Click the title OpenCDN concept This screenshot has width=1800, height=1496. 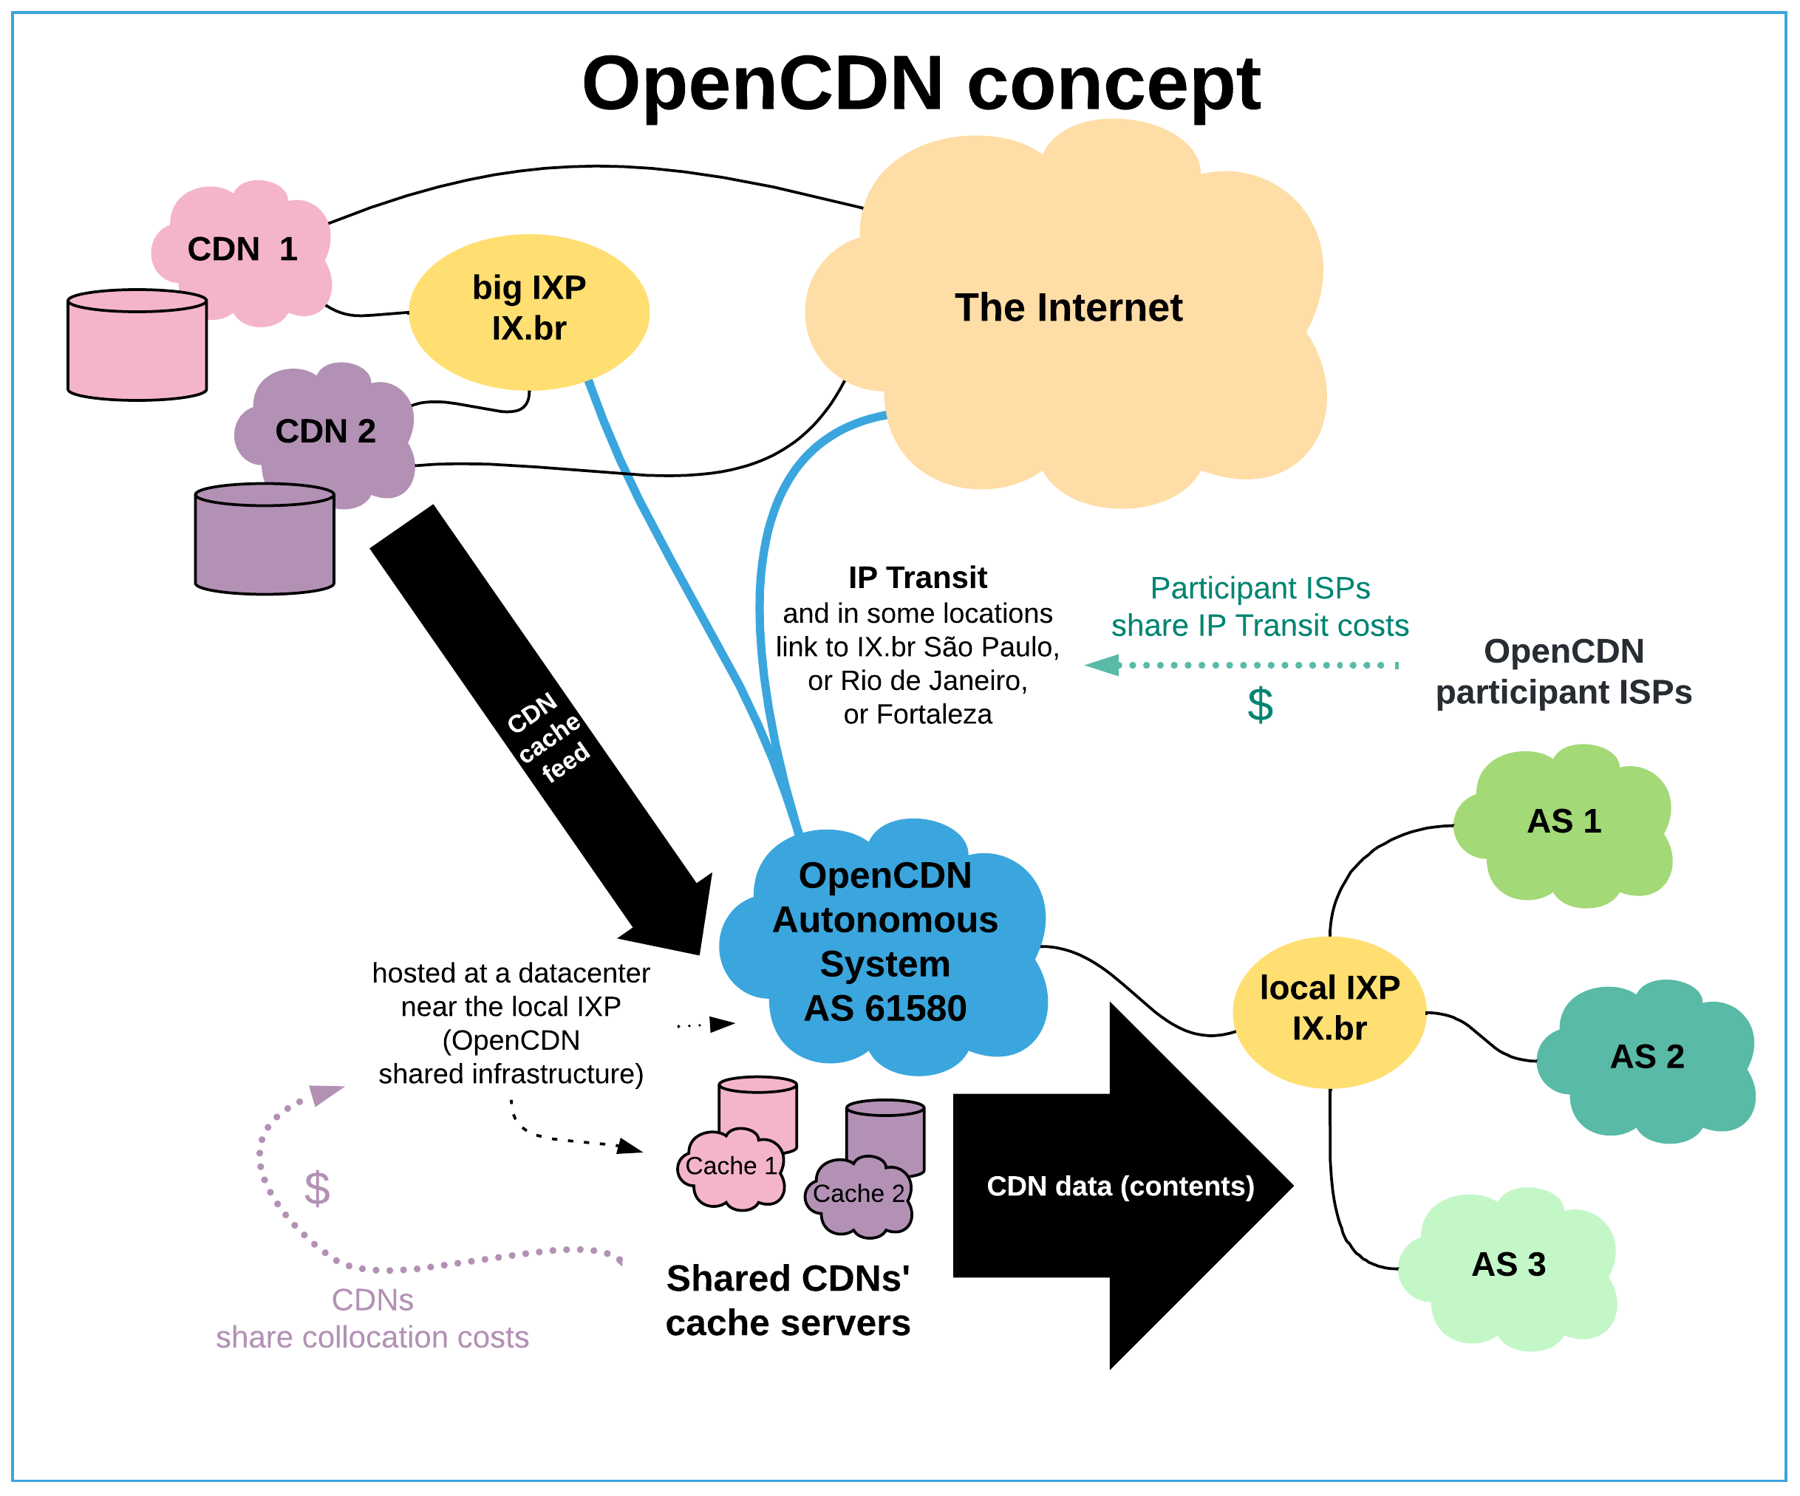(x=921, y=84)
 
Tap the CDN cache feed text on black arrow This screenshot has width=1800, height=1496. (x=548, y=737)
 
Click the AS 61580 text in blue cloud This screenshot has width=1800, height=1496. (x=884, y=1008)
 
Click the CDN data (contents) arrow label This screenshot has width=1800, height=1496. (x=1120, y=1186)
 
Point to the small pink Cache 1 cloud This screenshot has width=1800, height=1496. (x=731, y=1167)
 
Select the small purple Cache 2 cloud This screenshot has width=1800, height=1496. (x=858, y=1195)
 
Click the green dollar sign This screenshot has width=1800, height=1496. (x=1259, y=706)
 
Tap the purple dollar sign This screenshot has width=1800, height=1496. (x=317, y=1189)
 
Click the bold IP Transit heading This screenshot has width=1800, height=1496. (x=917, y=578)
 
